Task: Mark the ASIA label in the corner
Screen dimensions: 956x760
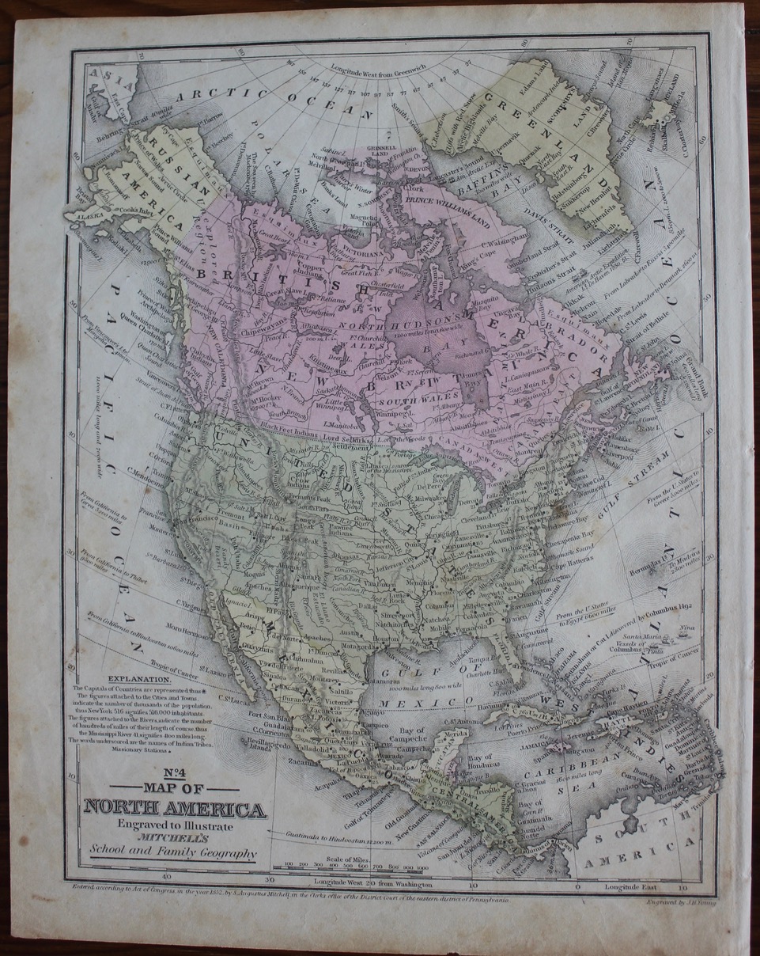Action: [100, 74]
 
